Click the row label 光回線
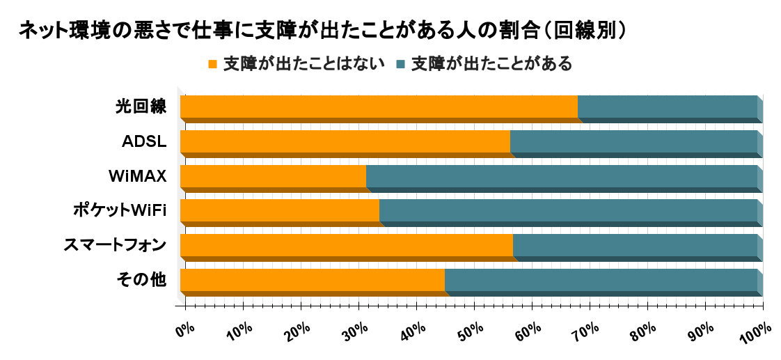[141, 107]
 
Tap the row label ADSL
[144, 142]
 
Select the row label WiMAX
[138, 176]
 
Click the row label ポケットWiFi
[120, 210]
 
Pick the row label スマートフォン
[115, 245]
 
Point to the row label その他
[141, 280]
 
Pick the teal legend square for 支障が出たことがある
[400, 65]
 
